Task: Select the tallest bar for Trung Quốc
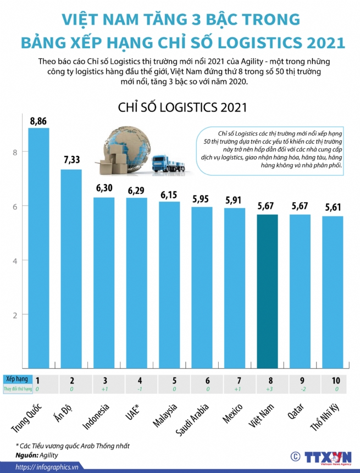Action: click(x=38, y=247)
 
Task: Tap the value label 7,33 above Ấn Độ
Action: click(x=71, y=160)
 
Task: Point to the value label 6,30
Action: click(x=104, y=188)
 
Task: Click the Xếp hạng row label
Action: click(x=16, y=379)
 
